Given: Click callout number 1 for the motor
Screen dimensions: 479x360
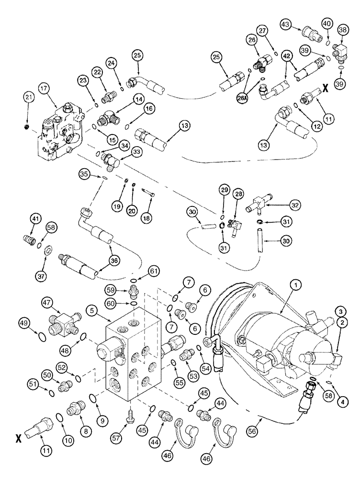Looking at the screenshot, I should pyautogui.click(x=296, y=285).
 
